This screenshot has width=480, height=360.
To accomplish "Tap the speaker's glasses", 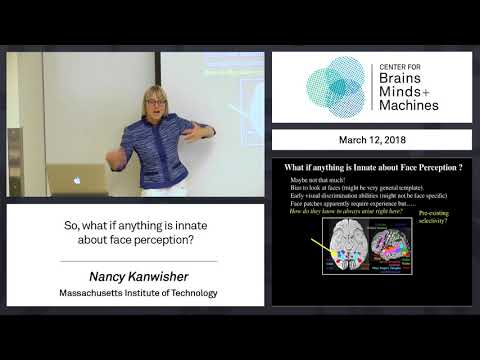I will pyautogui.click(x=155, y=103).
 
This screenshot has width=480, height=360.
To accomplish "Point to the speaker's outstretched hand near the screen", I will pyautogui.click(x=206, y=131).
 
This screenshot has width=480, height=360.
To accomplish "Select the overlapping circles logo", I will pyautogui.click(x=336, y=88).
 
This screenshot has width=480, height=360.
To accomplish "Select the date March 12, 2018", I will pyautogui.click(x=371, y=139).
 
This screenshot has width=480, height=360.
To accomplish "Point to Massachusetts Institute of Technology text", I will pyautogui.click(x=135, y=292).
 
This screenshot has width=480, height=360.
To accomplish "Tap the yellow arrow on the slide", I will pyautogui.click(x=321, y=245).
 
